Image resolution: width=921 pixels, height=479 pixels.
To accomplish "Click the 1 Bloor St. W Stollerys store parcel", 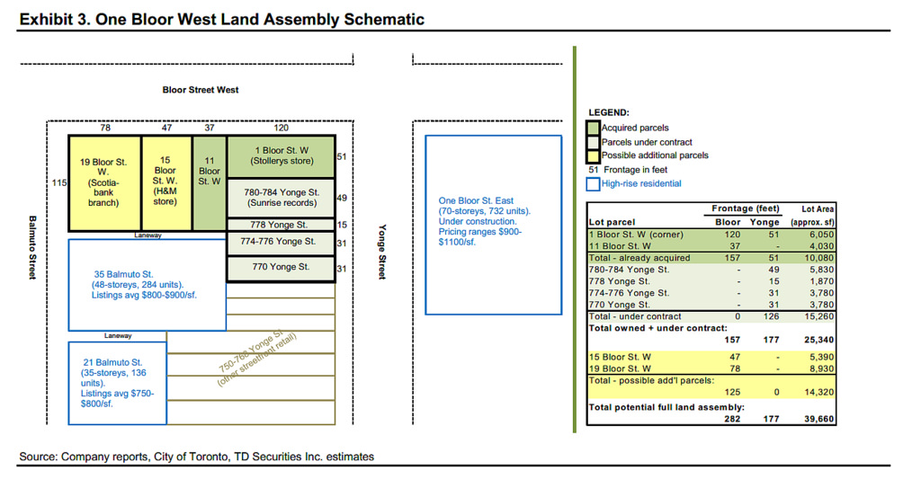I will [x=281, y=156].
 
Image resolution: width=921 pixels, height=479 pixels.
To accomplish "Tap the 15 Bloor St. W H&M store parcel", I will [x=165, y=182].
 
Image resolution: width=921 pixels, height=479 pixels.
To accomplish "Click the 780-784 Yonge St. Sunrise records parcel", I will [x=281, y=198].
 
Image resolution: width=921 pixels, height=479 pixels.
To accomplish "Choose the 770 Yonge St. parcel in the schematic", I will [x=281, y=268].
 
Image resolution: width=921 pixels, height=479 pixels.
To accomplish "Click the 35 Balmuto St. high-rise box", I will [x=147, y=284].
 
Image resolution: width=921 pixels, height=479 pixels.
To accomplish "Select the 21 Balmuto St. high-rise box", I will [x=117, y=383].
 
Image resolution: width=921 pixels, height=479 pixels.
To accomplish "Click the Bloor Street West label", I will [x=201, y=90].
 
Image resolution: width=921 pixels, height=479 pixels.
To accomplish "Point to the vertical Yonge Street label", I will [x=382, y=252].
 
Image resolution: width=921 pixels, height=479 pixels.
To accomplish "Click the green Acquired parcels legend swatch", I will [x=593, y=128].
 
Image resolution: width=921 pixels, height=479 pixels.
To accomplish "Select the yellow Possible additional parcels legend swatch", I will [x=593, y=155].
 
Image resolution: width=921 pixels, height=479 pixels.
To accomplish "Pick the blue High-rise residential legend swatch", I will [x=593, y=183].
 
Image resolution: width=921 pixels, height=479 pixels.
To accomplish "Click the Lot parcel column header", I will [x=612, y=222].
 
